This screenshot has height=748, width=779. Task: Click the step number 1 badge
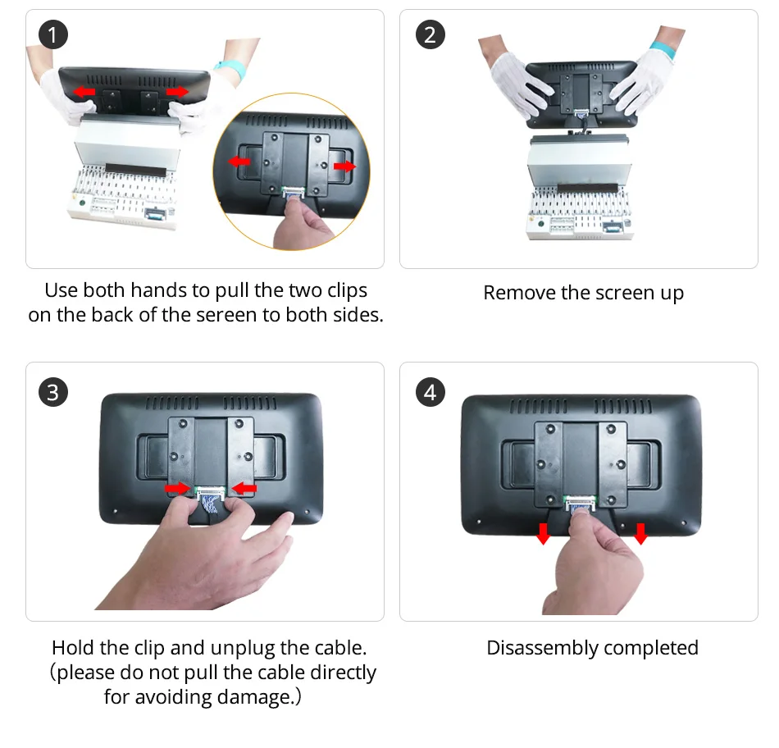pyautogui.click(x=53, y=34)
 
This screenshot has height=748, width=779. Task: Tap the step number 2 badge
pyautogui.click(x=430, y=34)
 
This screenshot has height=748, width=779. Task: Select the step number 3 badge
pyautogui.click(x=53, y=392)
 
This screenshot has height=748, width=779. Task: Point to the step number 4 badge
pyautogui.click(x=430, y=392)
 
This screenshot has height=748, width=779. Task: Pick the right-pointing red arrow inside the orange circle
pyautogui.click(x=344, y=166)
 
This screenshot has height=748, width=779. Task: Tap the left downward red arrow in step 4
pyautogui.click(x=544, y=533)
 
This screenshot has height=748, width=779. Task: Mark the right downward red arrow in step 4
pyautogui.click(x=641, y=533)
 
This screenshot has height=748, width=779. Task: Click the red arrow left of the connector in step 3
pyautogui.click(x=177, y=489)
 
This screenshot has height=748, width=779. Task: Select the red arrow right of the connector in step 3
pyautogui.click(x=244, y=489)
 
